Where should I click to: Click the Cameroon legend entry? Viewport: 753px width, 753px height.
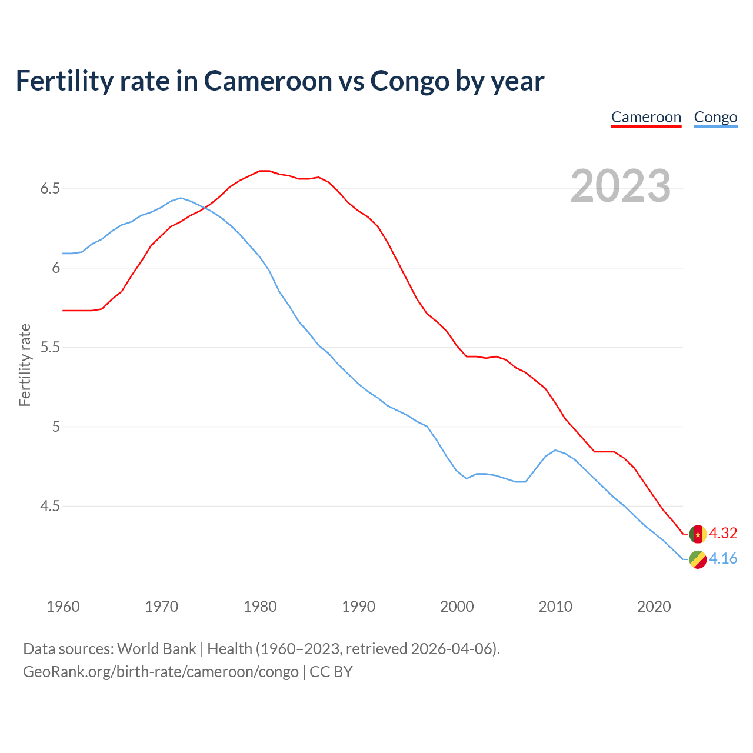coord(646,117)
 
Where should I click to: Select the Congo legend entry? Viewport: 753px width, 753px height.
coord(715,117)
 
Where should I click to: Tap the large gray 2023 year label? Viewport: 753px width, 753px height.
coord(621,186)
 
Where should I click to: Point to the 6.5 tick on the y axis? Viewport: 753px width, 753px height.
coord(50,189)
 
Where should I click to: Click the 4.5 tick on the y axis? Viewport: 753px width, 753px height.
coord(50,506)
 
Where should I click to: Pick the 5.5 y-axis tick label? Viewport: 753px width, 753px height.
coord(50,348)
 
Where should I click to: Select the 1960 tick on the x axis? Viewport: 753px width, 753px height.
coord(63,607)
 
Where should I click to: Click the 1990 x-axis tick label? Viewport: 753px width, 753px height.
coord(358,607)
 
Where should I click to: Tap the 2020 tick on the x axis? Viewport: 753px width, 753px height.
coord(654,607)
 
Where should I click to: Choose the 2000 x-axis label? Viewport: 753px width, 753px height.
coord(457,607)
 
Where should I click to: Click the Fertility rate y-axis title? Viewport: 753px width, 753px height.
coord(25,365)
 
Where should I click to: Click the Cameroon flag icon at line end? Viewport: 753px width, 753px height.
coord(698,534)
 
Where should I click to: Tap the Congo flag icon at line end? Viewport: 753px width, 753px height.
coord(698,560)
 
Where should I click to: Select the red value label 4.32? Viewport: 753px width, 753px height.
coord(723,533)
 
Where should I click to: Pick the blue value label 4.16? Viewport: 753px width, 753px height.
coord(723,558)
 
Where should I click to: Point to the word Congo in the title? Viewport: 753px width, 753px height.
coord(409,81)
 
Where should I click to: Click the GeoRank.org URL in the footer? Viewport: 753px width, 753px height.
coord(161,671)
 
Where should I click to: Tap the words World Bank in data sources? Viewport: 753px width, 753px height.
coord(156,649)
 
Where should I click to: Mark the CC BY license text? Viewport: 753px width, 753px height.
coord(331,671)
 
